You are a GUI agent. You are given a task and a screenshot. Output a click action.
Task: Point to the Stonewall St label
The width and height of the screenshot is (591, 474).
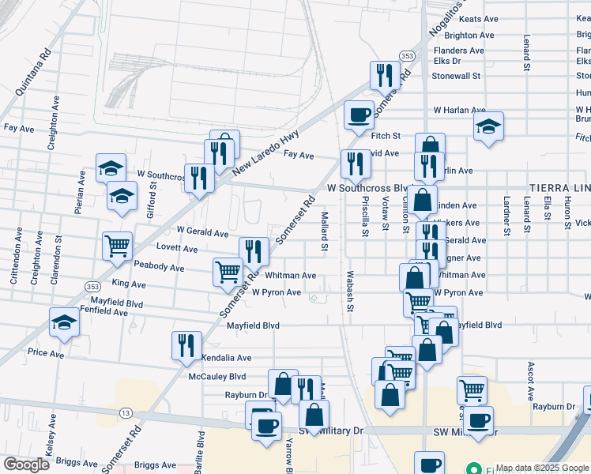(456, 76)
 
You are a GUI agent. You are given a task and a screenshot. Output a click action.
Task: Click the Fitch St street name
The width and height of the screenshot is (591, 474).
(386, 136)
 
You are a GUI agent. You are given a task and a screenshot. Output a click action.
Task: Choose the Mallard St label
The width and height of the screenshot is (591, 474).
(325, 231)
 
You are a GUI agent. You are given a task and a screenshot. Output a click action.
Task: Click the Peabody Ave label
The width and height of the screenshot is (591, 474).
(159, 268)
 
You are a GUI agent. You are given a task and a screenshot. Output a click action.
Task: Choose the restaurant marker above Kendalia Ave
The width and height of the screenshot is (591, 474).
(186, 345)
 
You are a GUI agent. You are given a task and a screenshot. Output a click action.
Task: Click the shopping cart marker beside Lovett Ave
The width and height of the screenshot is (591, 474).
(117, 246)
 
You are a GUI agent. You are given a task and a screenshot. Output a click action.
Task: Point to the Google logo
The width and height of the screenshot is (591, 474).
(27, 465)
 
